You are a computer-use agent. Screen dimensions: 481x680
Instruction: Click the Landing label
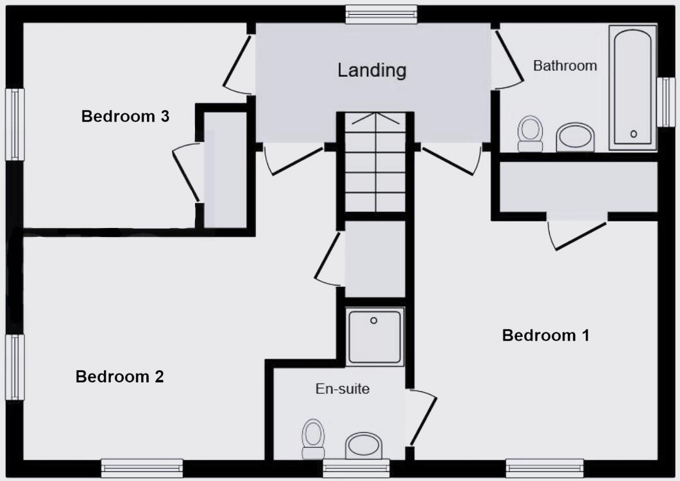pos(372,70)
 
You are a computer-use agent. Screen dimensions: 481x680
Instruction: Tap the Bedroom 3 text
pos(125,117)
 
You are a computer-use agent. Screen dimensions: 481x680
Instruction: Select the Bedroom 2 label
pos(119,377)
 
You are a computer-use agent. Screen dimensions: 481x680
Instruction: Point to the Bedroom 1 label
pos(545,335)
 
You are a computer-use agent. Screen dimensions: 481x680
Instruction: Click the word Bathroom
pos(565,65)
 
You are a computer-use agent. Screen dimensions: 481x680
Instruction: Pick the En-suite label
pos(343,388)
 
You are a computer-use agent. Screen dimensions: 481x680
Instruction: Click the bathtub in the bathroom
pos(633,86)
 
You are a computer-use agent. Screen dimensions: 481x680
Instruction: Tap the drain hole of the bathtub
pos(634,134)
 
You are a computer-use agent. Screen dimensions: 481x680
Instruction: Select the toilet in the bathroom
pos(530,133)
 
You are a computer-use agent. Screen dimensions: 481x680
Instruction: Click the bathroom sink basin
pos(575,137)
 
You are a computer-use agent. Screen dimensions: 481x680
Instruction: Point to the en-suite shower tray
pos(375,336)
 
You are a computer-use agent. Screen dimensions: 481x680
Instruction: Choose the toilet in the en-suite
pos(313,439)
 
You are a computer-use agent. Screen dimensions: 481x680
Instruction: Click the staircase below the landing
pos(375,163)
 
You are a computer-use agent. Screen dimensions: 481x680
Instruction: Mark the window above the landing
pos(381,14)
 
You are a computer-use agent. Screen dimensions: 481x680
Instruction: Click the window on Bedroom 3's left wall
pos(14,124)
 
